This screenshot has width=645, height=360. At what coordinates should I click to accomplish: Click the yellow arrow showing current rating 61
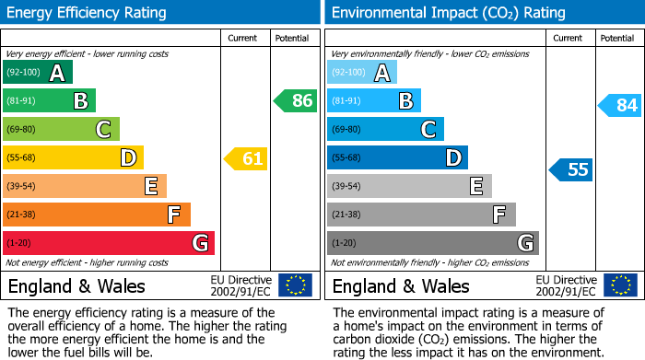246,159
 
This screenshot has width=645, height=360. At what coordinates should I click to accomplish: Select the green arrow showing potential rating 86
296,101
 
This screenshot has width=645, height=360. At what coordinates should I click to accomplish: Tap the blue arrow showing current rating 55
571,169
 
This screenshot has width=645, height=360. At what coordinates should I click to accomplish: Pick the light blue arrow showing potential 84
620,106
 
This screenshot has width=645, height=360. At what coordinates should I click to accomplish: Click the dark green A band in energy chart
38,73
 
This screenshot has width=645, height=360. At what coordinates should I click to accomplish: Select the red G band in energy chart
109,243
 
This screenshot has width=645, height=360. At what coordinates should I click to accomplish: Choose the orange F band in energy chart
97,215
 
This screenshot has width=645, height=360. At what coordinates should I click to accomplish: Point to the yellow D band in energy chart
74,157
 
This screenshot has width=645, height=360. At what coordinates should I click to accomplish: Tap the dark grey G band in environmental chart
432,243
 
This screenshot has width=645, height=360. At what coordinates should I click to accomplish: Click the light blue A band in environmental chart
362,73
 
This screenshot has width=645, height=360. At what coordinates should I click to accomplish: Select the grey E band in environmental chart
409,186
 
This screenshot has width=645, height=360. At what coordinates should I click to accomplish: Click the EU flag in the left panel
295,285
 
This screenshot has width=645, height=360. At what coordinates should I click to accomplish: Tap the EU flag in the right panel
619,285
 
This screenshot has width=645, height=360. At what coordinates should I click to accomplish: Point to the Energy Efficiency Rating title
88,13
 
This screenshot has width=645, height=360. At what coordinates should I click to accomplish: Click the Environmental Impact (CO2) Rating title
448,13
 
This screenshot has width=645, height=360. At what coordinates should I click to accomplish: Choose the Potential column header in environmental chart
617,38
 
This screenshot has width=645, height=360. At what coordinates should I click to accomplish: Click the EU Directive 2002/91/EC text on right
566,285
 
